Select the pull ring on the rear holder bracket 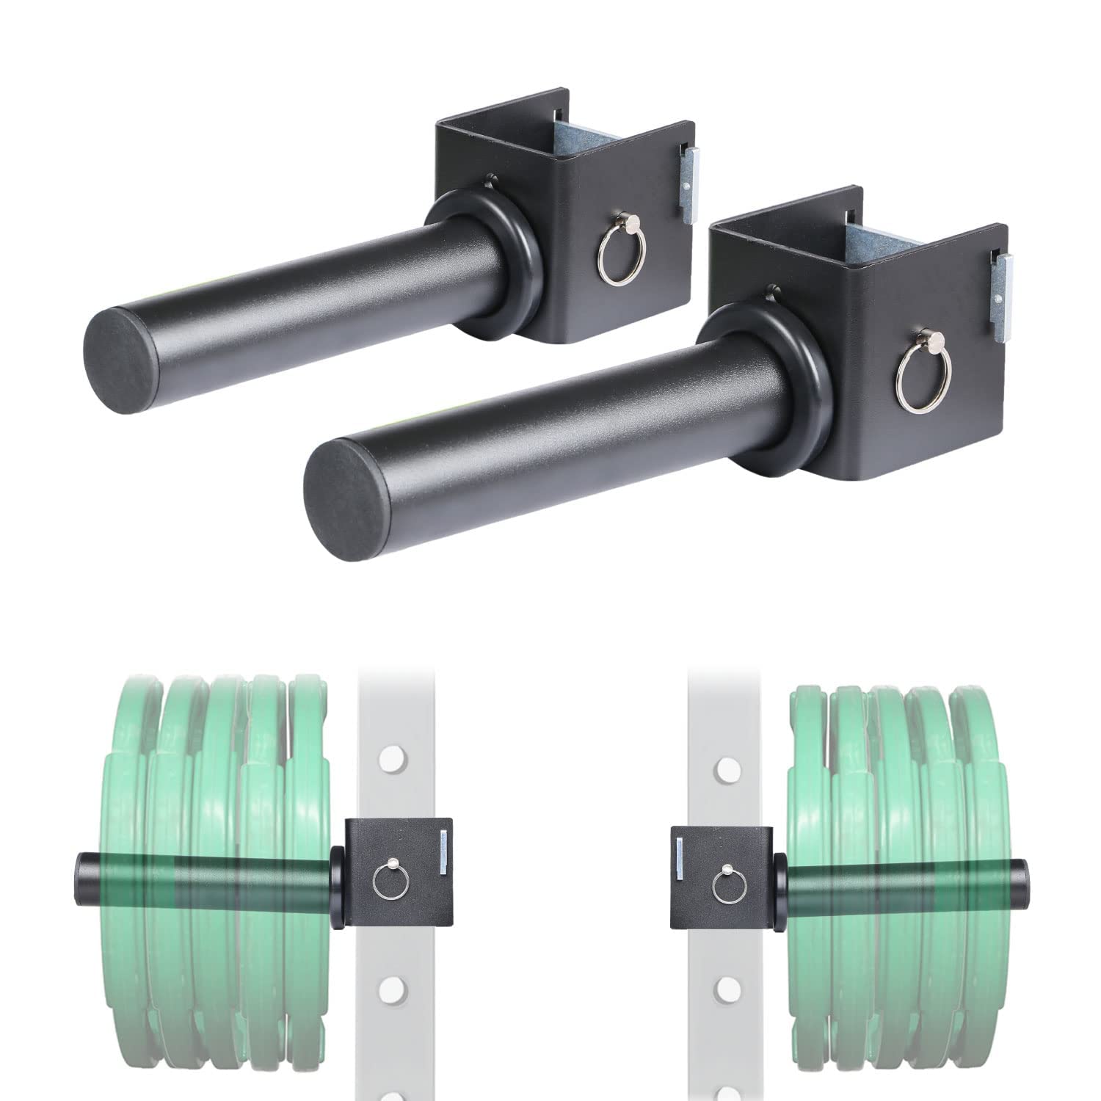[x=615, y=255]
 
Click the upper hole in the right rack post [x=727, y=770]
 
